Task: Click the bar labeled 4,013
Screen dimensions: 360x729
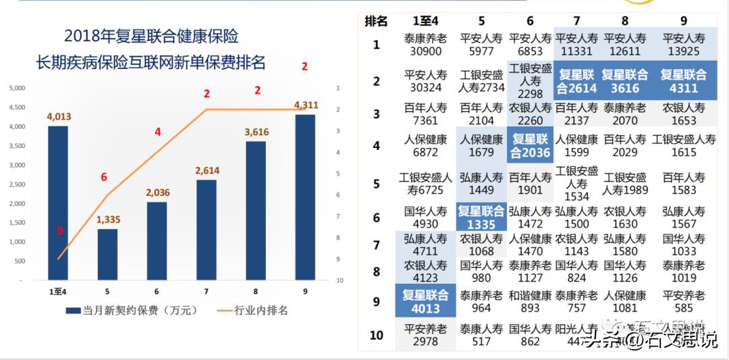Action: (x=58, y=203)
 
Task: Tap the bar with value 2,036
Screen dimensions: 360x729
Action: (x=157, y=240)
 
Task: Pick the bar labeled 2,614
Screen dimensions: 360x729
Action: (x=207, y=230)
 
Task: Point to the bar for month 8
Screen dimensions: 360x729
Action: (x=256, y=210)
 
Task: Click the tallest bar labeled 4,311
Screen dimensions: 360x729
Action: (x=305, y=197)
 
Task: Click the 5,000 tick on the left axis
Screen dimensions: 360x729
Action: (x=17, y=88)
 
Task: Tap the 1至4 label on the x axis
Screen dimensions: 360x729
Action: (x=59, y=291)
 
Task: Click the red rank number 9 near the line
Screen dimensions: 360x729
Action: (x=59, y=231)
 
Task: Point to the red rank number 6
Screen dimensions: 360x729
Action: (x=104, y=177)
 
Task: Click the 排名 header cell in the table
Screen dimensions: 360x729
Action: (x=376, y=21)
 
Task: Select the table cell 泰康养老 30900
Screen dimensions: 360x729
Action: (x=425, y=45)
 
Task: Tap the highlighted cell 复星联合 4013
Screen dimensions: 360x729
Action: (x=425, y=302)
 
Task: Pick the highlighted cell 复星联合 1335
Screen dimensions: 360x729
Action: (x=481, y=217)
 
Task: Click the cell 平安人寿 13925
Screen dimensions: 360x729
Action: (x=683, y=45)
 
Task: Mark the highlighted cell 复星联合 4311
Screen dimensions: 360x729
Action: (x=683, y=81)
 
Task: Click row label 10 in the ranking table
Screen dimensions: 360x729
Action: (x=376, y=335)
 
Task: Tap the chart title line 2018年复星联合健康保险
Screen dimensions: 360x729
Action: (x=151, y=36)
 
